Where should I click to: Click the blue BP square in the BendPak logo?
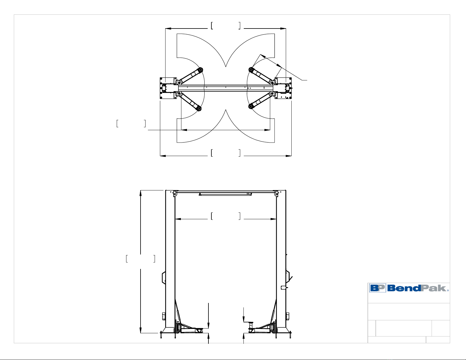378,288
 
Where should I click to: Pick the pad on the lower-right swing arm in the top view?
250,106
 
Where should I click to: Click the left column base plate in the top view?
168,88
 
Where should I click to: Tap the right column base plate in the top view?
283,88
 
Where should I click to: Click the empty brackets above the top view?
226,26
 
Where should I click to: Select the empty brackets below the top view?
226,153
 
